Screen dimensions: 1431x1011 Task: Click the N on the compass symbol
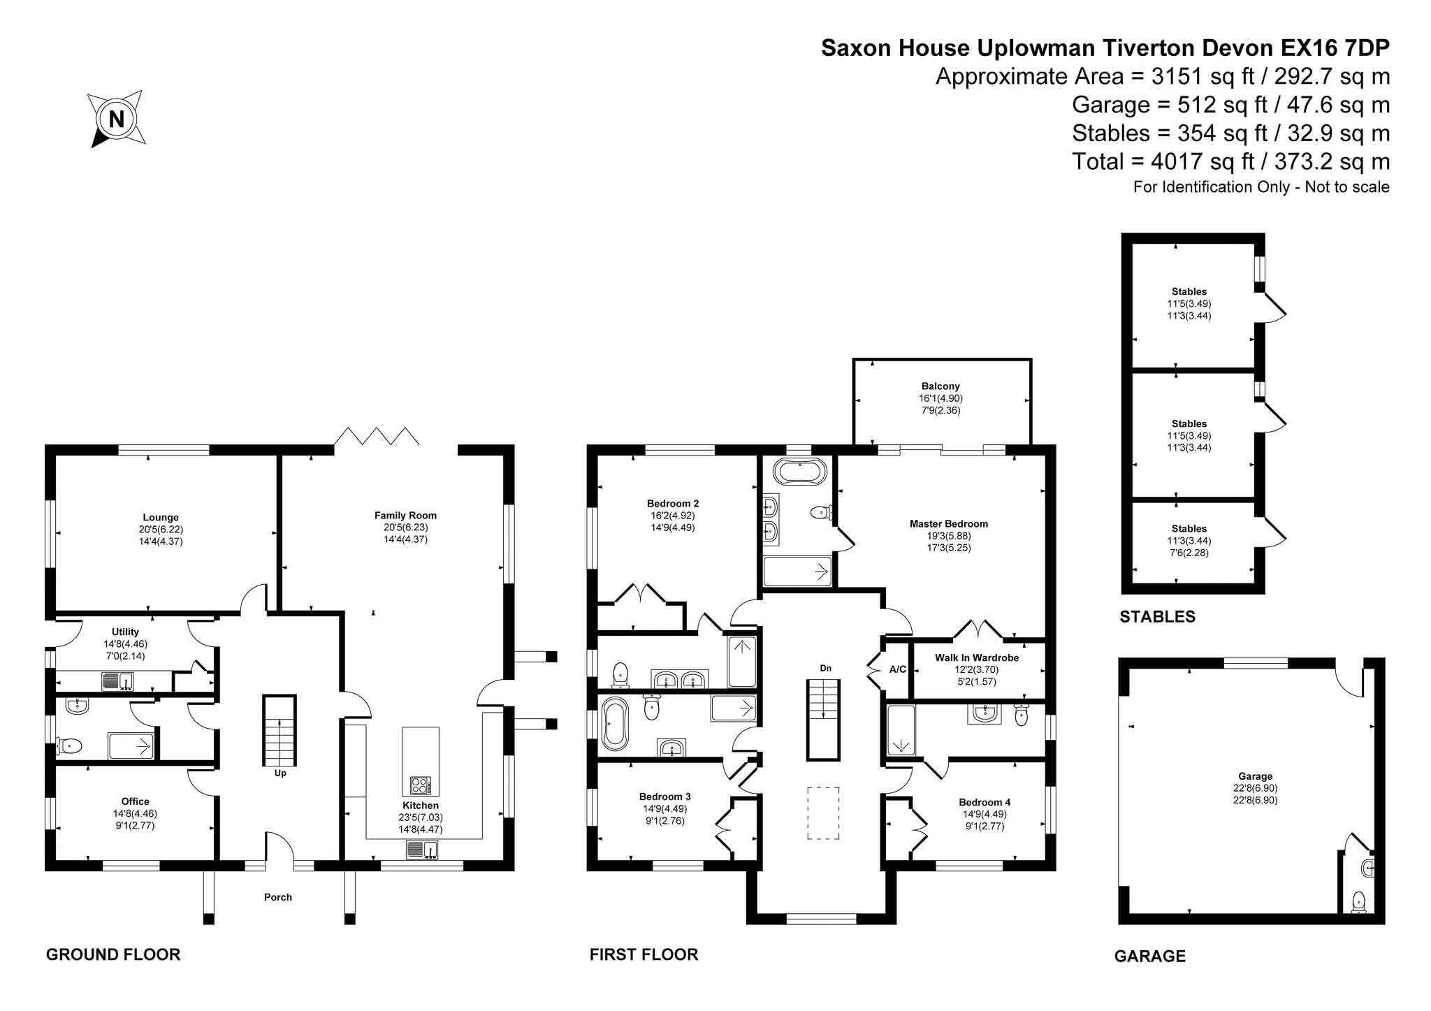(x=117, y=119)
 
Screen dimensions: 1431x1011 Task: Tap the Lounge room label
(x=161, y=518)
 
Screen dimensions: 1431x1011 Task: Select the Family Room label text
(x=405, y=516)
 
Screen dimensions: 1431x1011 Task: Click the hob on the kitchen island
(x=421, y=785)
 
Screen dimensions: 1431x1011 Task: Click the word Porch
(x=278, y=897)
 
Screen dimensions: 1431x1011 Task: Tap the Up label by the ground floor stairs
(x=280, y=773)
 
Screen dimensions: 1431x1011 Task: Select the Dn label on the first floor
(x=826, y=669)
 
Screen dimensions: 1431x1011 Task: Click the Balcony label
(x=940, y=386)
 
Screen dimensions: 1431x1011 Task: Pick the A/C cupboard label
(x=898, y=669)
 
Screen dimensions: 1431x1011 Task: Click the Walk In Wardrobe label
(x=977, y=657)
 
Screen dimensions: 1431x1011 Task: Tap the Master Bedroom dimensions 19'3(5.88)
(x=949, y=536)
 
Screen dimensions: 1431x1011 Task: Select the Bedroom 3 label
(x=665, y=797)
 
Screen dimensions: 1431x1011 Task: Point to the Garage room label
(x=1256, y=776)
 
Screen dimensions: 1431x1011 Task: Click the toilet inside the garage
(x=1359, y=901)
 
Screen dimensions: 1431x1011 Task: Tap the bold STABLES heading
(x=1157, y=616)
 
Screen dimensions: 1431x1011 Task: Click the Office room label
(x=136, y=801)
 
